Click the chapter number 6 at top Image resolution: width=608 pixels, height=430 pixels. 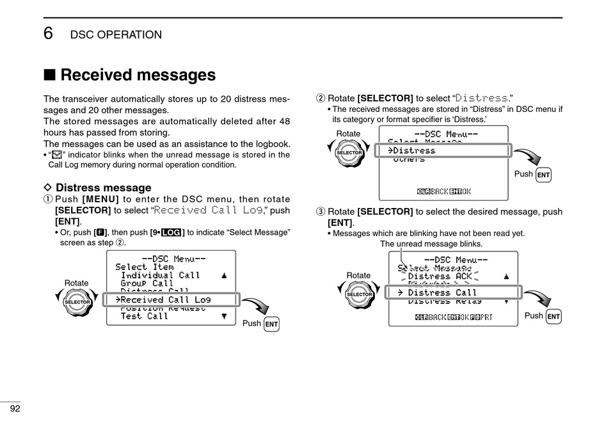click(x=49, y=34)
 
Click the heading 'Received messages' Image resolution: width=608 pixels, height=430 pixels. click(x=138, y=75)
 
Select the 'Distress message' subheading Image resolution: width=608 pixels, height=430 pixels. click(x=103, y=187)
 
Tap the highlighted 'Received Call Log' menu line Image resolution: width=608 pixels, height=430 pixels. click(x=166, y=299)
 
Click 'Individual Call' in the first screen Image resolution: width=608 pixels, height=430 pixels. click(x=160, y=275)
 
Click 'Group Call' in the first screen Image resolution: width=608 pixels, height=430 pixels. click(x=147, y=283)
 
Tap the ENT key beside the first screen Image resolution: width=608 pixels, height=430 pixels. click(x=271, y=324)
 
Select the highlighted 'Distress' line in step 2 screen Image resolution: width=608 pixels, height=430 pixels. click(x=417, y=150)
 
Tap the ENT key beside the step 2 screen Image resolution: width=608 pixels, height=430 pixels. click(x=543, y=175)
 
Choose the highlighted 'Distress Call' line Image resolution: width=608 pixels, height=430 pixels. click(x=443, y=292)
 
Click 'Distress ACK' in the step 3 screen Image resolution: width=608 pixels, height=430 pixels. click(x=440, y=276)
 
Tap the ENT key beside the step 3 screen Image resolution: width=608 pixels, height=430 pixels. click(x=554, y=317)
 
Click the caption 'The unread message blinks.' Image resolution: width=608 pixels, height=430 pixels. click(x=431, y=244)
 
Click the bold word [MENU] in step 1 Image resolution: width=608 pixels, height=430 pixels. click(x=100, y=200)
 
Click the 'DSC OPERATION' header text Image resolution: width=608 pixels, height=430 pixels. click(x=116, y=35)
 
